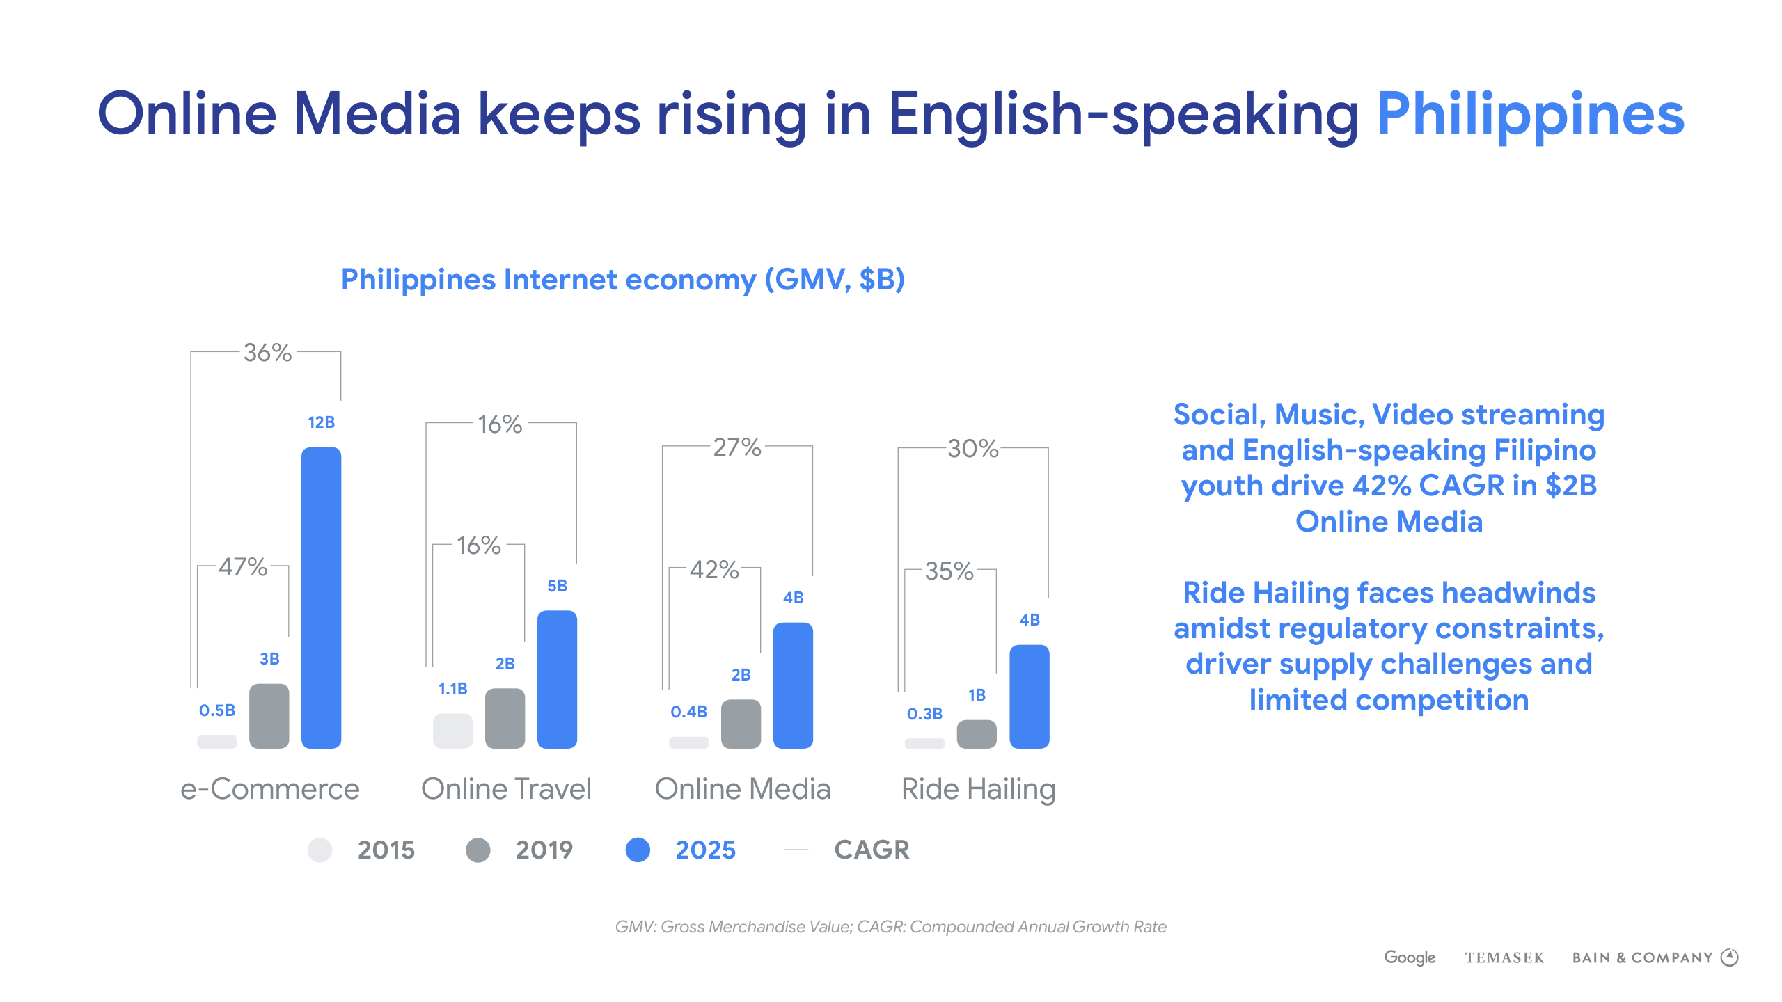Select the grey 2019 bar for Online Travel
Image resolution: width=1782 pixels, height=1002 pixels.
click(505, 718)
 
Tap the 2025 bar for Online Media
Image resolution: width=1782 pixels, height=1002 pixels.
click(793, 685)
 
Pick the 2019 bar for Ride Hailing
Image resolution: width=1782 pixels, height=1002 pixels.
click(977, 734)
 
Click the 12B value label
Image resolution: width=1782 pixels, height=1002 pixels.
click(321, 422)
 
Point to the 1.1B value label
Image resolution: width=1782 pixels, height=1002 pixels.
click(452, 689)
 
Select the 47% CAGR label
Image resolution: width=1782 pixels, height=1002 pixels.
click(243, 567)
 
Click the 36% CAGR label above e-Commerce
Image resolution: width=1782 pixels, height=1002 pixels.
click(267, 353)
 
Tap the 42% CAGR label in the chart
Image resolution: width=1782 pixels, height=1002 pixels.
click(714, 570)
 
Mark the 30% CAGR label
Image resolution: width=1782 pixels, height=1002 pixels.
click(972, 449)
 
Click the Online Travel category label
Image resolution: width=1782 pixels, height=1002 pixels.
click(506, 789)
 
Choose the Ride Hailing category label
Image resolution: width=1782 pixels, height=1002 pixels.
click(978, 789)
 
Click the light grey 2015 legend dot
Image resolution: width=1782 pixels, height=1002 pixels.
click(320, 850)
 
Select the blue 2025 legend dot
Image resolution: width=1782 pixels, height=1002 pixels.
click(638, 850)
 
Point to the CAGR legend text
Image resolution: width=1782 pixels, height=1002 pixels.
click(872, 850)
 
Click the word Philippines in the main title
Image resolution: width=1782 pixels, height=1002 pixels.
click(1530, 114)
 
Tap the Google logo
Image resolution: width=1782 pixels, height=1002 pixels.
click(1410, 957)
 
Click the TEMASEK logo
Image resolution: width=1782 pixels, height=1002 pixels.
click(1504, 958)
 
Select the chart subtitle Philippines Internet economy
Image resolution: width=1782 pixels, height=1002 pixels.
click(622, 280)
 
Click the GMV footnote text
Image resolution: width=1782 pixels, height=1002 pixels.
click(890, 927)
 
